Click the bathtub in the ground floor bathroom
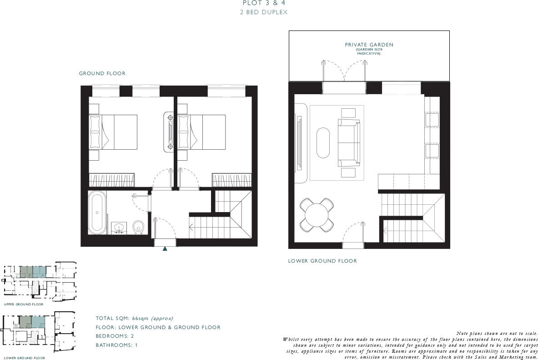(x=96, y=213)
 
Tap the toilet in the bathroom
(x=139, y=226)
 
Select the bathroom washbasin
(x=121, y=227)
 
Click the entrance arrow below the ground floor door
(x=165, y=248)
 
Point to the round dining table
(x=317, y=214)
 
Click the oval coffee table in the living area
(x=323, y=142)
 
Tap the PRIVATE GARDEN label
(x=369, y=45)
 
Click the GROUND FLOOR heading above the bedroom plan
(x=102, y=73)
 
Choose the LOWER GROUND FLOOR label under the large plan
(x=322, y=261)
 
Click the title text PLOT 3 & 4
(x=264, y=4)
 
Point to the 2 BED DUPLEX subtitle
(x=264, y=13)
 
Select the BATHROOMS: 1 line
(x=116, y=345)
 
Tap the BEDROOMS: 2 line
(x=115, y=336)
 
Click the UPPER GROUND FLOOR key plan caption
(x=24, y=304)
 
